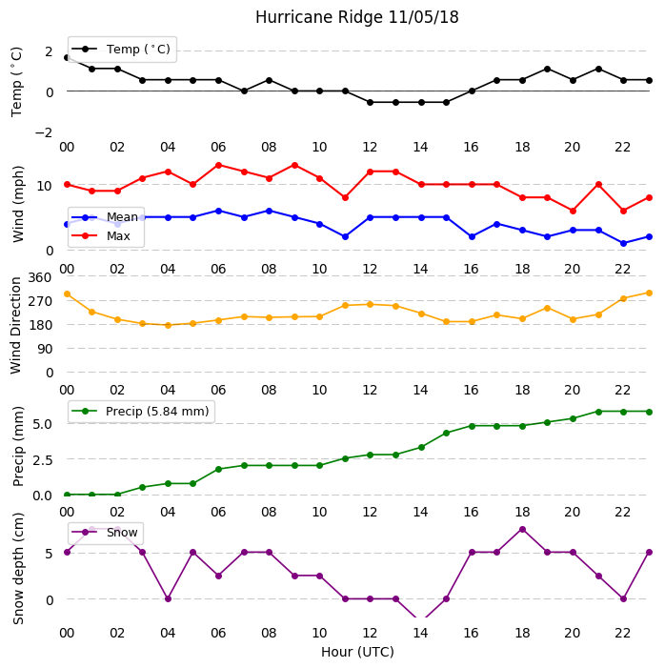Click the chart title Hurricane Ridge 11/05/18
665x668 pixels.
point(357,17)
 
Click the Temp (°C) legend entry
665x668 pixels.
point(121,50)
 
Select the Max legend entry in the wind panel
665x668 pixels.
point(101,235)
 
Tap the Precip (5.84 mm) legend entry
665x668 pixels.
point(140,411)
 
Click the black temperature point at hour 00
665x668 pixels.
point(67,57)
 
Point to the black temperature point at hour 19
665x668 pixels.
point(548,69)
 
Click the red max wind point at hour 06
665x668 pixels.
point(218,165)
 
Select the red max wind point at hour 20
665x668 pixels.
point(573,211)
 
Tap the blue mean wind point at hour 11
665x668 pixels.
point(345,236)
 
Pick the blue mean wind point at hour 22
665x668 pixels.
point(624,243)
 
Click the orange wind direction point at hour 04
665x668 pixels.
point(168,325)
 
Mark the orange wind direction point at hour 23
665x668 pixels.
point(649,294)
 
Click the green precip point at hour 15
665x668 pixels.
point(447,433)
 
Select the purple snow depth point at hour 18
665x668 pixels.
point(522,530)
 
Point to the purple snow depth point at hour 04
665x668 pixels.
point(168,598)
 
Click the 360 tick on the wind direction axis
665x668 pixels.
point(40,277)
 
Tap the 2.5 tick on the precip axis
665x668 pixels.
point(42,460)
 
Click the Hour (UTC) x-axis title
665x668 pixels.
point(357,652)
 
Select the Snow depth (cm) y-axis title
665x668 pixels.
point(18,569)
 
